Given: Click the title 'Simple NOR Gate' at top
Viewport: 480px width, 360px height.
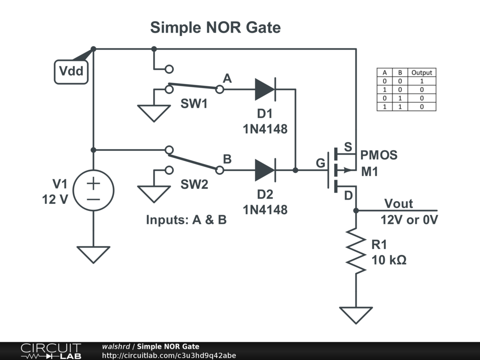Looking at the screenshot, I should tap(215, 28).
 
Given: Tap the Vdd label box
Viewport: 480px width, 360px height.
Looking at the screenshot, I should tap(71, 72).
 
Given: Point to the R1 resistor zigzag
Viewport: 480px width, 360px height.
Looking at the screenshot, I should tap(356, 251).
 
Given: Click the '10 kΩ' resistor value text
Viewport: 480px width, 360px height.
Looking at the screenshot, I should tap(389, 260).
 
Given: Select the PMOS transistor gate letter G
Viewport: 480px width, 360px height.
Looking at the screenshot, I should tap(321, 164).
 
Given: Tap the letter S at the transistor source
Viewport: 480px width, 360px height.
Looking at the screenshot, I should tap(348, 147).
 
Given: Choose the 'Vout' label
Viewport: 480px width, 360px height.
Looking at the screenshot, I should tap(398, 203).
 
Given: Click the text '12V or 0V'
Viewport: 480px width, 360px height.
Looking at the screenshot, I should tap(409, 219).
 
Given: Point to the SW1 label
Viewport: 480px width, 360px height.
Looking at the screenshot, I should tap(194, 104).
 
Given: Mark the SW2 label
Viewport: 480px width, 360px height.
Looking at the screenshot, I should tap(194, 185).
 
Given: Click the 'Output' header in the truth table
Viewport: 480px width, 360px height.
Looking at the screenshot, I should tap(421, 73).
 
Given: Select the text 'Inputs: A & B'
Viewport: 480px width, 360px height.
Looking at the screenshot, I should tap(186, 219).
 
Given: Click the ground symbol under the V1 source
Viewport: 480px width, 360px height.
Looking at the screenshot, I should tap(93, 254).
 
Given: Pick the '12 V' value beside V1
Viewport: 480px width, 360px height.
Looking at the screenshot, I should tap(55, 199).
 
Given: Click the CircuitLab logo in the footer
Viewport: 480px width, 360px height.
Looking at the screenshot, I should tap(51, 351).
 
